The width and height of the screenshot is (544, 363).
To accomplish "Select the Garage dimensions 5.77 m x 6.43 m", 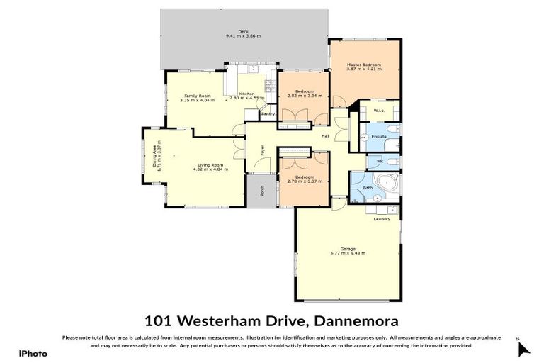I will point(347,253).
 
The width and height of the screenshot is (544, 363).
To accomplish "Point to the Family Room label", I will point(198,96).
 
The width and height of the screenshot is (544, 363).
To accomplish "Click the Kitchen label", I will point(246,94).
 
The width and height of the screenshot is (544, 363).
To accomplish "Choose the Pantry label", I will point(268,114).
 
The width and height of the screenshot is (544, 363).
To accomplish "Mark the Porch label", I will point(262,191).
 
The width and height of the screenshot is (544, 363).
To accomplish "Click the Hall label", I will point(326,135).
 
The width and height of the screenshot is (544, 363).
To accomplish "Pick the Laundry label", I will point(382,219).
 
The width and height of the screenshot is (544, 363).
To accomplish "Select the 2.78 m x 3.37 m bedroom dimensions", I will point(305,181).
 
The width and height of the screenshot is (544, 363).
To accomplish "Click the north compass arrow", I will point(523,349).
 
